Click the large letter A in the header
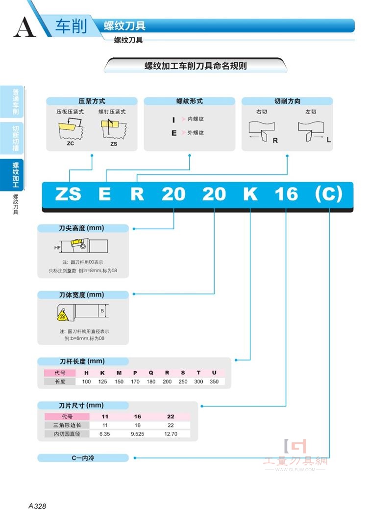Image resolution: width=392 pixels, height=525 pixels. pos(24,27)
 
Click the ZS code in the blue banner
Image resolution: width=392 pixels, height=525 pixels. pos(68,194)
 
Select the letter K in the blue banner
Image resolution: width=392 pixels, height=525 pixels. pos(250,194)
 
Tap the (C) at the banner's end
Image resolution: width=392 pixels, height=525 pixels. pos(329,194)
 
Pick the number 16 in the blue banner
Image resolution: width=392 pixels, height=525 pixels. pos(286,194)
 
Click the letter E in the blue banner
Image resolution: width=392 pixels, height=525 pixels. pos(104,194)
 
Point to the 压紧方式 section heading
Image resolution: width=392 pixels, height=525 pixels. pos(92,101)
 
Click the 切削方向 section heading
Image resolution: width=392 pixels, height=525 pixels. pos(288,101)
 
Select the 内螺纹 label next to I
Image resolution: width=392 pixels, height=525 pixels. pos(196,119)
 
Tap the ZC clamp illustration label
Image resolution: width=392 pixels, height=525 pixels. pos(71,143)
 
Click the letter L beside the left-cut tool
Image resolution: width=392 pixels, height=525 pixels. pos(329,140)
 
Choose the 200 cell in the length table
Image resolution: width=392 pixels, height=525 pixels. pos(167,382)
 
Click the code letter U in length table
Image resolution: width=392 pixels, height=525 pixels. pos(214,373)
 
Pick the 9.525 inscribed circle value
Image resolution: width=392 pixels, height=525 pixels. pos(137,434)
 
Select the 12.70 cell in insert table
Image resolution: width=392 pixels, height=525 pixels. pos(171,434)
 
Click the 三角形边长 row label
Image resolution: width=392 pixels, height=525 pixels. pos(67,425)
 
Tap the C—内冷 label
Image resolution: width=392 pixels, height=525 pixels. pos(83,458)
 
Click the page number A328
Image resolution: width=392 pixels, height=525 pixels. pos(37,506)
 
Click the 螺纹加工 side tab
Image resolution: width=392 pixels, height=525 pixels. pos(15,174)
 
